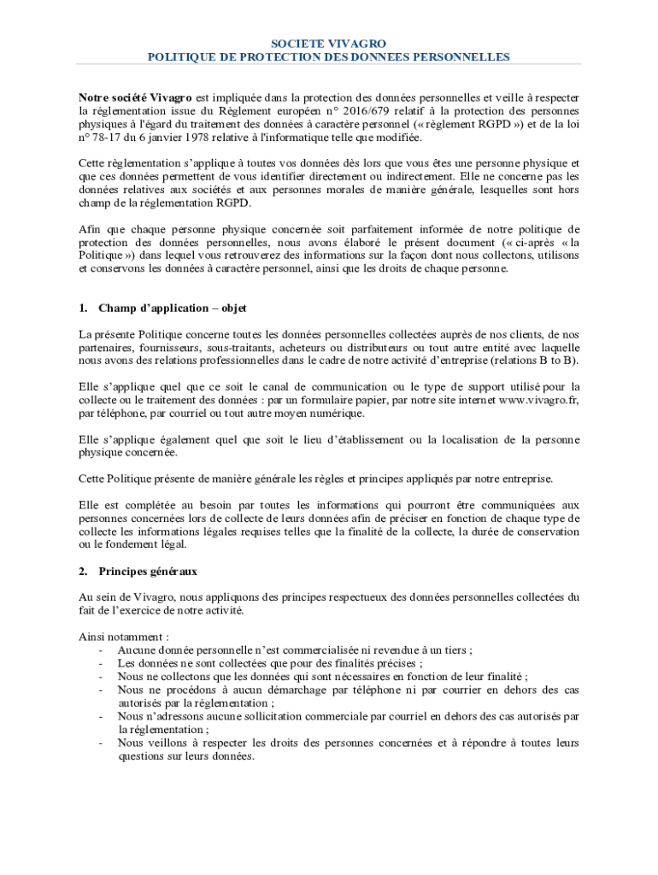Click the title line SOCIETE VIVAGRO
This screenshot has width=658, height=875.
click(329, 43)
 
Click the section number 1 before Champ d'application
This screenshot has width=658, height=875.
click(82, 308)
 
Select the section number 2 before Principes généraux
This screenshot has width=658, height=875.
click(82, 570)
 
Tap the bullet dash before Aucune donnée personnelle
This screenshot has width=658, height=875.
click(102, 650)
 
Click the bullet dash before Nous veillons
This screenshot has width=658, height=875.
click(102, 743)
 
